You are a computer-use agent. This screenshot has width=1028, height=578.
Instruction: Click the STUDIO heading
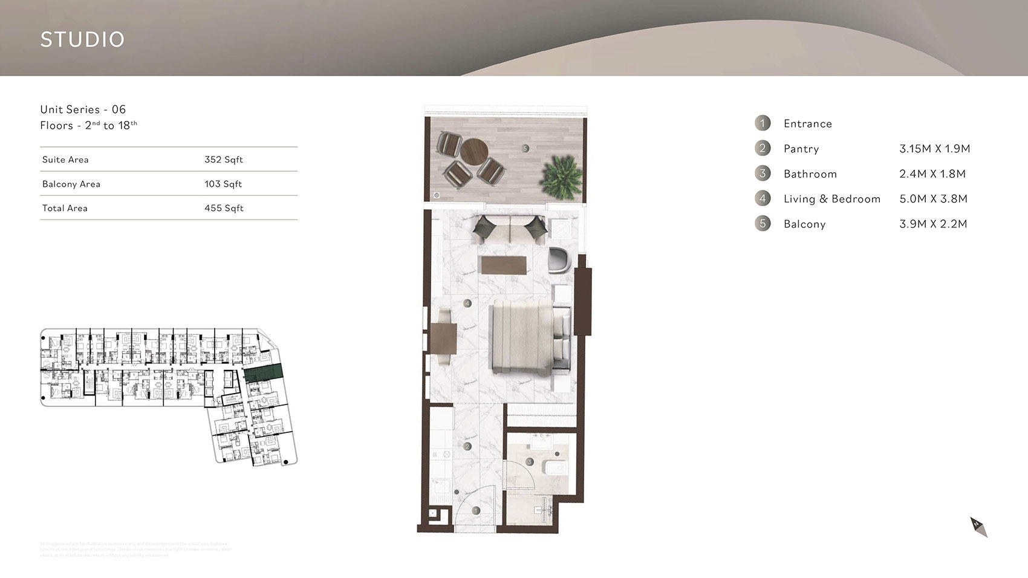tap(82, 39)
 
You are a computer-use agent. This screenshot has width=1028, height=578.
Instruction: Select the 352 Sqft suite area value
tap(223, 160)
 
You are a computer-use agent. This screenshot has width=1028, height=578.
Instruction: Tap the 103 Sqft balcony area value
tap(223, 184)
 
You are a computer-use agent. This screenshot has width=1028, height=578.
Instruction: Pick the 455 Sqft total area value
tap(224, 208)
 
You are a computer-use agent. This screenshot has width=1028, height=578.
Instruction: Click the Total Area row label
tap(65, 208)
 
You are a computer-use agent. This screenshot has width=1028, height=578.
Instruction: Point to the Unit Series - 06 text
tap(83, 109)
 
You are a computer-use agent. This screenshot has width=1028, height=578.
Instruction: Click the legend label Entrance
tap(807, 124)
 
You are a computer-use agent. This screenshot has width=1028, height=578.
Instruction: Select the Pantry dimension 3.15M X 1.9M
tap(934, 149)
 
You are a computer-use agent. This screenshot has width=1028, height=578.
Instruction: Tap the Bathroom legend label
tap(810, 174)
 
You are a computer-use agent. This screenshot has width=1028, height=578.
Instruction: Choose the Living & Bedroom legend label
tap(831, 199)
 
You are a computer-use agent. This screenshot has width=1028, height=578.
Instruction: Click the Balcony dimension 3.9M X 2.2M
tap(933, 224)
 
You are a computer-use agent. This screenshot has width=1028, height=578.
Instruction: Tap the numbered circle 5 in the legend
tap(763, 224)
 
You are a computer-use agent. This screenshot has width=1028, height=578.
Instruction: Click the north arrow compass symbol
tap(978, 527)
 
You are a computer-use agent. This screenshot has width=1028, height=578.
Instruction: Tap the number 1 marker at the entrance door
tap(476, 511)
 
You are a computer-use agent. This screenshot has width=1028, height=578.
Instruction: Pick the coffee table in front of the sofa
tap(504, 265)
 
